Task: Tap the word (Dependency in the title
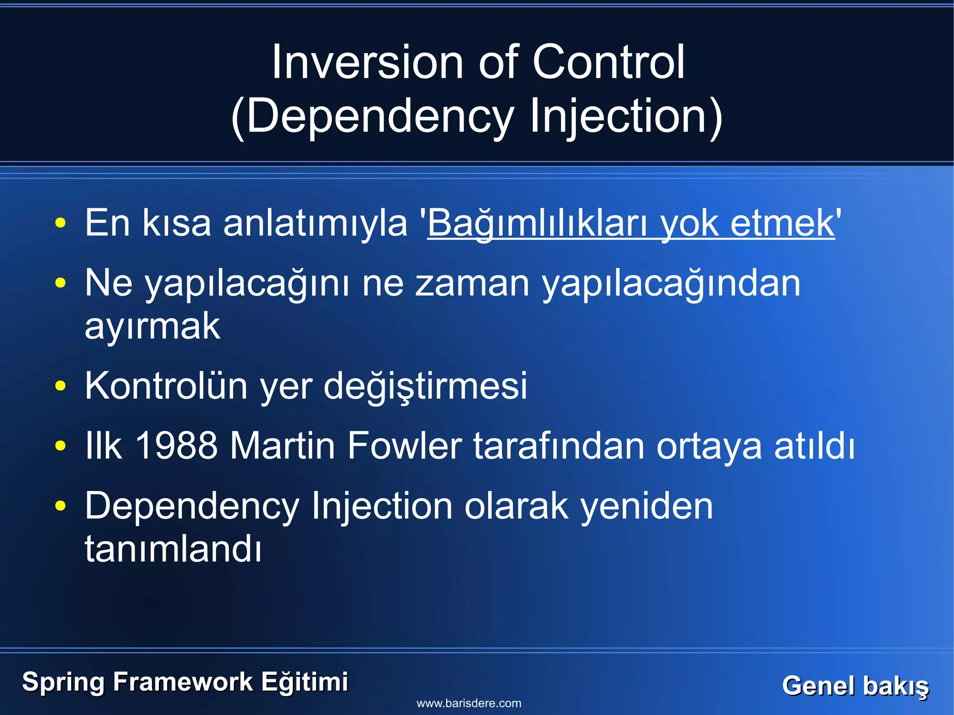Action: point(373,116)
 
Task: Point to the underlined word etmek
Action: point(782,224)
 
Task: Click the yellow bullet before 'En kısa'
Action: point(60,224)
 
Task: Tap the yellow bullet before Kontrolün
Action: point(60,386)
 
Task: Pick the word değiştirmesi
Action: point(425,386)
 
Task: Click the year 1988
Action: point(177,446)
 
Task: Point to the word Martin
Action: point(282,446)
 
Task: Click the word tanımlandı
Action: point(173,549)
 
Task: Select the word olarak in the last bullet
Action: point(516,506)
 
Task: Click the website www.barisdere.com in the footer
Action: point(469,703)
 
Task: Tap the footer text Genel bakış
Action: point(855,686)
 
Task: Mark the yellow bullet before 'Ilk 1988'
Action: point(60,446)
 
